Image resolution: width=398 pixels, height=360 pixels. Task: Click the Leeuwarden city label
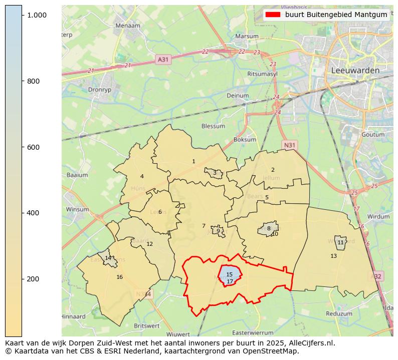(355, 71)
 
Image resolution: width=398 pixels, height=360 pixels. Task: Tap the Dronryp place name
(99, 90)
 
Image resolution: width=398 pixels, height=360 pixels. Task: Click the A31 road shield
(163, 59)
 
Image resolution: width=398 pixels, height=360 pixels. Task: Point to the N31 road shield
(290, 145)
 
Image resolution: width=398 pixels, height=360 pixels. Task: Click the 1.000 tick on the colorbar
(37, 16)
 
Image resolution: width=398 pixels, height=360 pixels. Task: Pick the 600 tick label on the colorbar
(33, 147)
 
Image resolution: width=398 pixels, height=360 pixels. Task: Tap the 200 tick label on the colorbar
(33, 279)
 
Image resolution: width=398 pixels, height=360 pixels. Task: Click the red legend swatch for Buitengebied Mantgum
(273, 15)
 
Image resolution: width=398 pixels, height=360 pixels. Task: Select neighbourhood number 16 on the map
(119, 277)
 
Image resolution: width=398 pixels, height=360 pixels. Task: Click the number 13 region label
(333, 256)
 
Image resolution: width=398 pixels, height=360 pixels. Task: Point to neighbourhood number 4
(142, 176)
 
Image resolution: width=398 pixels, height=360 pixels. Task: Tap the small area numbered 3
(215, 173)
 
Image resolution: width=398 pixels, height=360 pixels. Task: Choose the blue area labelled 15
(229, 274)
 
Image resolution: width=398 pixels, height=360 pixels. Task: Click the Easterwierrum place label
(253, 332)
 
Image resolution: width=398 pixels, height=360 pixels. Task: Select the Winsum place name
(77, 209)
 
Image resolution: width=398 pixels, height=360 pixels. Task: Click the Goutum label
(372, 135)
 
